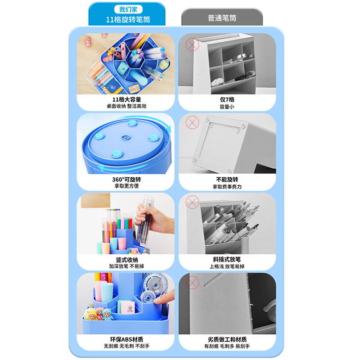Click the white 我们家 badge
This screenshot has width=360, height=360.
128,9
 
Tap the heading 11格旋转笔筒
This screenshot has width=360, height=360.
128,19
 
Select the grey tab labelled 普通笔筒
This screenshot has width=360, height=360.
222,18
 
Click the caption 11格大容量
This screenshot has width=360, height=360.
126,99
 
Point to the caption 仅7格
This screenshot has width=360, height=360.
227,99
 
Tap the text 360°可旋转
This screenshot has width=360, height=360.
126,179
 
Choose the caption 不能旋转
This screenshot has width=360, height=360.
227,179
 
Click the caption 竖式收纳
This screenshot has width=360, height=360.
127,260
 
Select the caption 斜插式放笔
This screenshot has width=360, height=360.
227,260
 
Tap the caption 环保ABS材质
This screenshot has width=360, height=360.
126,339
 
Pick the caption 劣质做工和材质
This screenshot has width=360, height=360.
227,339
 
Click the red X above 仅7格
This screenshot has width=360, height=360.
192,45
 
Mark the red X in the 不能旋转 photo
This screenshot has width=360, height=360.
192,122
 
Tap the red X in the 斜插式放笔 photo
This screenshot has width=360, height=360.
192,202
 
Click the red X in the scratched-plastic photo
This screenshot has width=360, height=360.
192,283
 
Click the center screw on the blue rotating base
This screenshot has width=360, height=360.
126,138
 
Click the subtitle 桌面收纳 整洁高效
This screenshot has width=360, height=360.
126,106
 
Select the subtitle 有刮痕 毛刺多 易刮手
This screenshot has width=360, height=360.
227,346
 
